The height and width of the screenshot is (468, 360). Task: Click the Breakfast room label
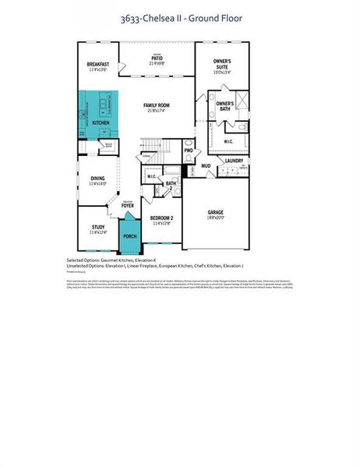(97, 65)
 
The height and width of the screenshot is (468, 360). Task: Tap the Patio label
(157, 57)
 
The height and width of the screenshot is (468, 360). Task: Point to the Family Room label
(157, 105)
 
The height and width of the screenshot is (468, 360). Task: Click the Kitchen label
(101, 123)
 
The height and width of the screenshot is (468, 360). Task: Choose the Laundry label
(235, 161)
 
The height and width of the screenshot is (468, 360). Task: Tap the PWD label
(188, 150)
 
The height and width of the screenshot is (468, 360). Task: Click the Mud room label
(206, 165)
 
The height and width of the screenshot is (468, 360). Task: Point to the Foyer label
(127, 205)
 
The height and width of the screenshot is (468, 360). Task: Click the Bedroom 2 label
(161, 217)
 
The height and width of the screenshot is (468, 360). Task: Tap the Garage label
(215, 211)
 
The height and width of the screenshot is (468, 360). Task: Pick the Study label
(97, 227)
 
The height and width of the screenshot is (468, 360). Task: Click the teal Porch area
(129, 236)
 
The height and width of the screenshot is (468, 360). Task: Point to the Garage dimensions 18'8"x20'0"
(215, 218)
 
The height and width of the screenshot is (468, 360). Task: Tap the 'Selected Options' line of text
(112, 260)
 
